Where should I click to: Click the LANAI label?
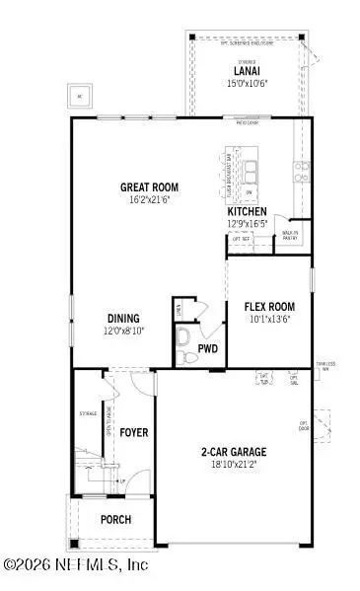(245, 71)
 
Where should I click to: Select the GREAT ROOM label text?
(148, 185)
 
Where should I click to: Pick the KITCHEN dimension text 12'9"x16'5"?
(247, 224)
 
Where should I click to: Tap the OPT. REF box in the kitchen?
(241, 239)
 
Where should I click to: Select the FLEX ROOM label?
(269, 306)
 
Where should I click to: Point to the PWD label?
(208, 348)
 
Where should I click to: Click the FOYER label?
(133, 432)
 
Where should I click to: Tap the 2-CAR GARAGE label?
(234, 452)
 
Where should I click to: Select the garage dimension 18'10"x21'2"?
(234, 465)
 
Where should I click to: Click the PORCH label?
(115, 519)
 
